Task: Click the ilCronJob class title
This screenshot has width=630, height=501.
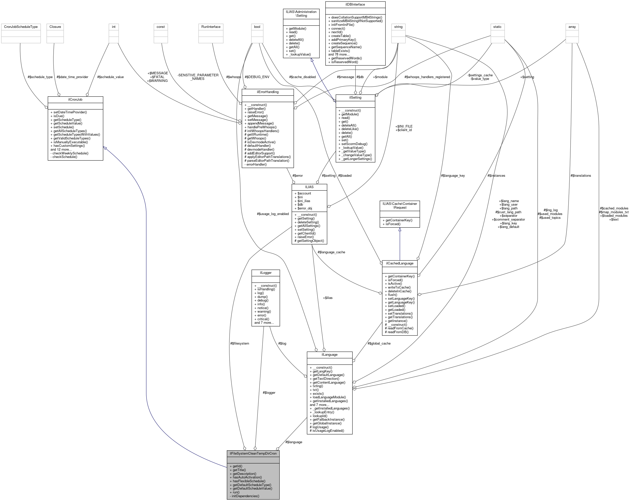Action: (75, 99)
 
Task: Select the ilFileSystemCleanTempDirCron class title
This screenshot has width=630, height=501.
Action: (253, 453)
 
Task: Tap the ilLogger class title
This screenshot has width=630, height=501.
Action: (266, 273)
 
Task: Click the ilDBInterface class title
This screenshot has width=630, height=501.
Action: (355, 4)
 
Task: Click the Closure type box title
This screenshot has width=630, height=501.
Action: (55, 27)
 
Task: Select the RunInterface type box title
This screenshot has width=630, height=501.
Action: (211, 27)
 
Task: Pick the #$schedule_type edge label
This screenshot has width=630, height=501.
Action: (40, 77)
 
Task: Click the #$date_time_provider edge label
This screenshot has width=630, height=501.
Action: (72, 77)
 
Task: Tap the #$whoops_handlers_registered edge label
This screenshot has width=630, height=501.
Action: (427, 77)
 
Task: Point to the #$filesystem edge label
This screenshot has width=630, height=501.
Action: (240, 344)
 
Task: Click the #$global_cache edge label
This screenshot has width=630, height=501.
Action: (379, 344)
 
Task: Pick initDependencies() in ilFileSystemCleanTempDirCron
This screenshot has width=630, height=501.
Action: (246, 496)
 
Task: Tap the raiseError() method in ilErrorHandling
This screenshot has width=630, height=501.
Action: (255, 112)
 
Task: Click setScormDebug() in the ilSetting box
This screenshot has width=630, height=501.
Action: (354, 144)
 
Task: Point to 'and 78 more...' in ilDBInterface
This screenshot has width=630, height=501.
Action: (339, 54)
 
